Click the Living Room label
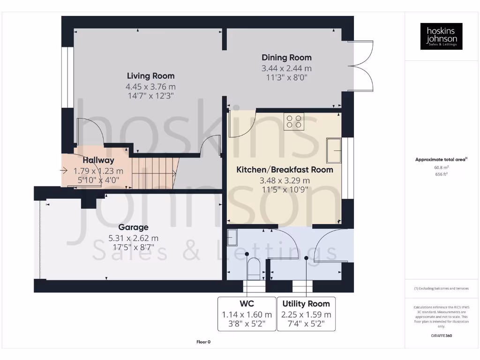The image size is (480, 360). (x=150, y=76)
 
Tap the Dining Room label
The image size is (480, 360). (x=286, y=58)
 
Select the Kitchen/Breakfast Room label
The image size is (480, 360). (x=285, y=170)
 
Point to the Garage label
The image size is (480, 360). (x=134, y=227)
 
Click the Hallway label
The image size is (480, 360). (x=98, y=160)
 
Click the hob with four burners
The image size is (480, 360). (x=294, y=121)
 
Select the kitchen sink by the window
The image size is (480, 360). (x=334, y=150)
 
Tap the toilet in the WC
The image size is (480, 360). (x=254, y=269)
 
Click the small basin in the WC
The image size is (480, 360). (x=232, y=238)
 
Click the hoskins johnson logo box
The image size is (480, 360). (x=441, y=36)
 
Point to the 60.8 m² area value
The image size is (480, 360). (x=441, y=167)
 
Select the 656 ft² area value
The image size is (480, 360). (x=441, y=174)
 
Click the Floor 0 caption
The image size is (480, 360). (x=203, y=342)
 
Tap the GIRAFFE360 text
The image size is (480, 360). (x=441, y=336)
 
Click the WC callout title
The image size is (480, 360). (x=247, y=304)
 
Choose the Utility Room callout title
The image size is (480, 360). (x=306, y=304)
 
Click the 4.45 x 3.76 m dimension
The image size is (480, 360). (x=150, y=87)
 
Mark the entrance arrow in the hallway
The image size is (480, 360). (x=64, y=171)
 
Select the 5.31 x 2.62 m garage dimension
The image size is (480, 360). (x=134, y=238)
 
